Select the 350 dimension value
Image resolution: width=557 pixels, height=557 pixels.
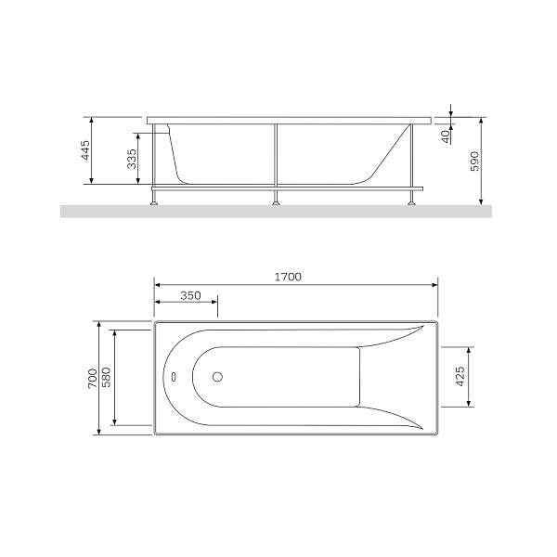[190, 295]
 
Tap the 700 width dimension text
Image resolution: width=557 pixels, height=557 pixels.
[92, 378]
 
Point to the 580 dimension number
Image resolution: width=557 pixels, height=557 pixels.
[107, 378]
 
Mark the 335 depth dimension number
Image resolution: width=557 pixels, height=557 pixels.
[132, 159]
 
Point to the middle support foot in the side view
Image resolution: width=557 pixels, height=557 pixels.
[275, 197]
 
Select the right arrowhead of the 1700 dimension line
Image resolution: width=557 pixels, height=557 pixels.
[436, 284]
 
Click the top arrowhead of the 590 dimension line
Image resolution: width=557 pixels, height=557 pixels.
[482, 121]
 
